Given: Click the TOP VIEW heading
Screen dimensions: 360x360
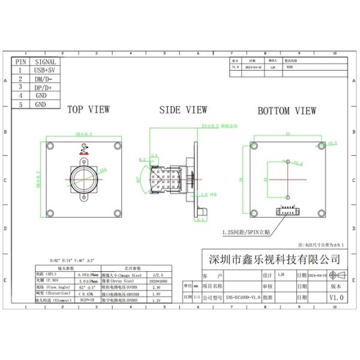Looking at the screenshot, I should pyautogui.click(x=88, y=110).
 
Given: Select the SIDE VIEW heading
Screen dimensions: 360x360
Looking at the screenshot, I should pyautogui.click(x=183, y=110).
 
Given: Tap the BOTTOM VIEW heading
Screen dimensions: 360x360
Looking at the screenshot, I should pyautogui.click(x=287, y=110).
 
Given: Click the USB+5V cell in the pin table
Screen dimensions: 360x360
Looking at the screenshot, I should pyautogui.click(x=46, y=70).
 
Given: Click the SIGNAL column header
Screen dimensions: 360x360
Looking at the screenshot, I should pyautogui.click(x=46, y=62).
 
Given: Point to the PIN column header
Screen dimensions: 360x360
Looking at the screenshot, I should pyautogui.click(x=20, y=62).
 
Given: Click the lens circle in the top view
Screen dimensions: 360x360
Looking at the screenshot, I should pyautogui.click(x=83, y=178).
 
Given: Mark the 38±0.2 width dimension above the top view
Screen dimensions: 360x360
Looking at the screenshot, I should pyautogui.click(x=83, y=134).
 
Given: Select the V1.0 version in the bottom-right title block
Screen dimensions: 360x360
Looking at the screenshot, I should pyautogui.click(x=337, y=297).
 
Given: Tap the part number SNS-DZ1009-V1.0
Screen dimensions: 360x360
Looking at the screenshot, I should pyautogui.click(x=238, y=297).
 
